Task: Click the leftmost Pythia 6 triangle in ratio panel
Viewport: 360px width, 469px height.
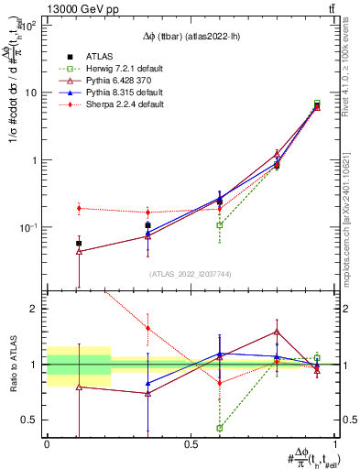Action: coord(79,387)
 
